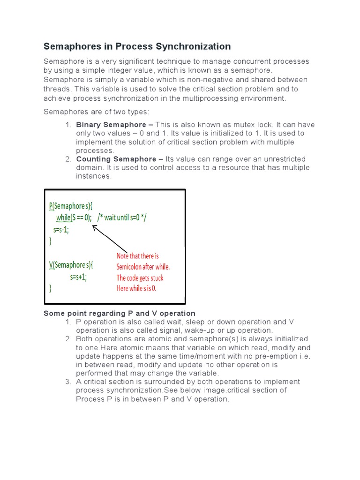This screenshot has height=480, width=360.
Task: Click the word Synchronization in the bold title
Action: coord(193,46)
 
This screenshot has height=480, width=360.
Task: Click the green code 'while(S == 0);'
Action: coord(74,217)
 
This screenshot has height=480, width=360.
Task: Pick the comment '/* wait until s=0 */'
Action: coord(125,217)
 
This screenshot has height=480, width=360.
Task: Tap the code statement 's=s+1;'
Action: coord(79,277)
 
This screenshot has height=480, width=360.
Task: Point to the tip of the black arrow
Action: coord(93,225)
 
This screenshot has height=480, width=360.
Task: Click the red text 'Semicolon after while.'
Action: coord(143,267)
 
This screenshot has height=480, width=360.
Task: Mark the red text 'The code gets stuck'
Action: coord(140,277)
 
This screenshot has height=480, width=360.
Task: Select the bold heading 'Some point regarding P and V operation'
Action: coord(120,313)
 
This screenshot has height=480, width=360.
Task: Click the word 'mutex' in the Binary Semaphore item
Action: coord(264,125)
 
